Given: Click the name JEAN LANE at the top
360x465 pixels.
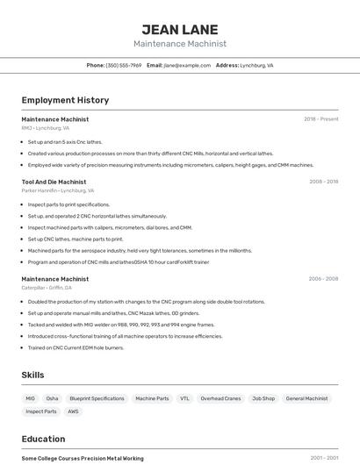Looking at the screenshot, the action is [180, 28].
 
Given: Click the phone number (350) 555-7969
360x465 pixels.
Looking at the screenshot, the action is [124, 65].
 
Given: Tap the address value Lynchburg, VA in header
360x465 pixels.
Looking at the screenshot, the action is [256, 65].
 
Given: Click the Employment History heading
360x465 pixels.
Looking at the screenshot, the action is [65, 100].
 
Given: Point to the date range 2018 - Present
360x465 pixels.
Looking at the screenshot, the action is [320, 118].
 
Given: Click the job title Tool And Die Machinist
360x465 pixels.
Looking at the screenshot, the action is [54, 182].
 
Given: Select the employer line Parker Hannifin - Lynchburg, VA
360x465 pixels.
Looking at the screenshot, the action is [58, 190].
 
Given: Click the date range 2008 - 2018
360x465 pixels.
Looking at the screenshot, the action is [323, 182].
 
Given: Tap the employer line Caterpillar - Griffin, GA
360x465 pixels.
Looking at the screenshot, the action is [47, 288].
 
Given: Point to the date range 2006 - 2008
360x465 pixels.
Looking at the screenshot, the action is [323, 279].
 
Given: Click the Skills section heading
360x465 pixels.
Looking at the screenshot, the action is [33, 375].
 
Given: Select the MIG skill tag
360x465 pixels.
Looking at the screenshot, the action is [31, 398].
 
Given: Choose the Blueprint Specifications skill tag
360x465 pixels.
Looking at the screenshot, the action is [97, 398].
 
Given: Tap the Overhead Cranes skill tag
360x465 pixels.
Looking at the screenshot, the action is [220, 398].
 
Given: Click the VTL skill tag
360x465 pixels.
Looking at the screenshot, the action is [184, 398].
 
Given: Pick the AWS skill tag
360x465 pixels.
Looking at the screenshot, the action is [73, 411].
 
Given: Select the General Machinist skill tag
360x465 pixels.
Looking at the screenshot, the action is [306, 398].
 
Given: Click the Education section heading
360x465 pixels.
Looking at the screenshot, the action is [43, 439].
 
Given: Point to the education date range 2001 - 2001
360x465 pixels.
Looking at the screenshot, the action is [323, 458].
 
